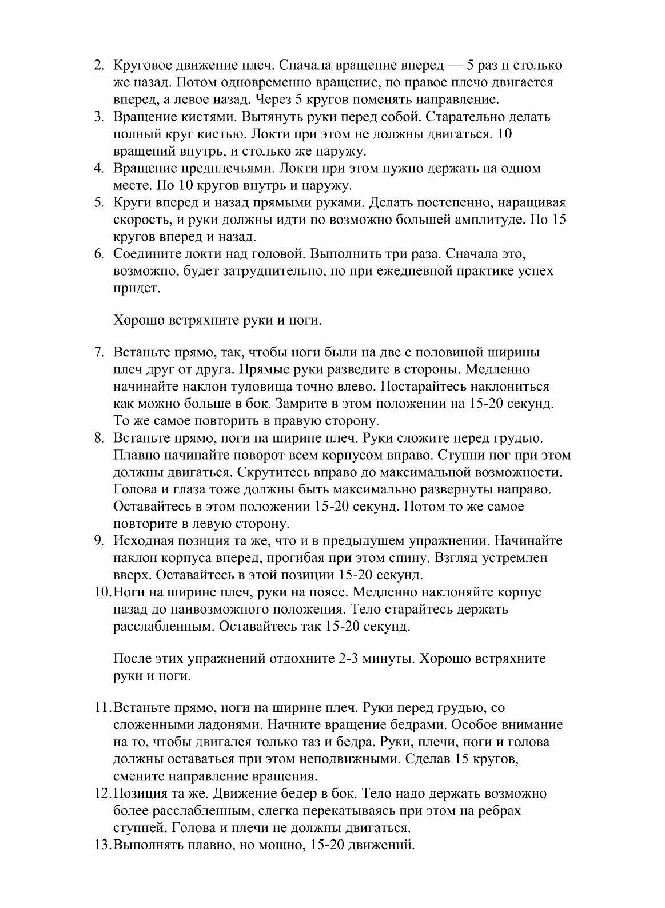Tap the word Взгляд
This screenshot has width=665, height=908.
pos(465,557)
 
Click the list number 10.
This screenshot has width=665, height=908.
pos(101,592)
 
